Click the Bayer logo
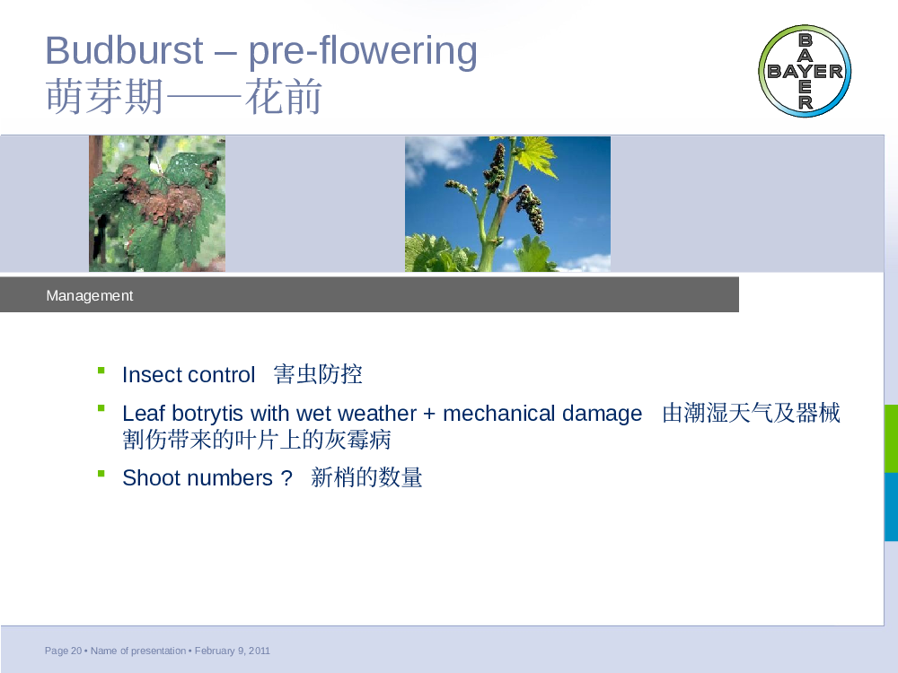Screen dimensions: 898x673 [805, 71]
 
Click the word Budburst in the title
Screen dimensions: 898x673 [124, 50]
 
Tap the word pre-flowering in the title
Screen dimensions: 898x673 [363, 52]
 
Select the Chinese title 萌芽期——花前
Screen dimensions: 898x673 [184, 97]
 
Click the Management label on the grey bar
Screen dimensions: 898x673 [89, 295]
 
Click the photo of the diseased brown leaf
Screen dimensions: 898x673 [157, 204]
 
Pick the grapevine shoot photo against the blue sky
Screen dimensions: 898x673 [507, 204]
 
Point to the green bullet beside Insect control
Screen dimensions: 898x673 [101, 371]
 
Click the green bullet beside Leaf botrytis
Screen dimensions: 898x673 [101, 408]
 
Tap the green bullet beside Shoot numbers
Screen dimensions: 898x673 [101, 473]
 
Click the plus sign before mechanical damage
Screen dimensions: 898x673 [429, 414]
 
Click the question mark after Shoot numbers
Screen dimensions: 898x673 [287, 478]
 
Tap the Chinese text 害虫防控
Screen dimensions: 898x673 [318, 374]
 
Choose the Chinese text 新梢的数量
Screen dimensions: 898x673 [366, 477]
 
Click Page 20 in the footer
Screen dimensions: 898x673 [63, 651]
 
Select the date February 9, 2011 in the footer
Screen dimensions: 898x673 [233, 651]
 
